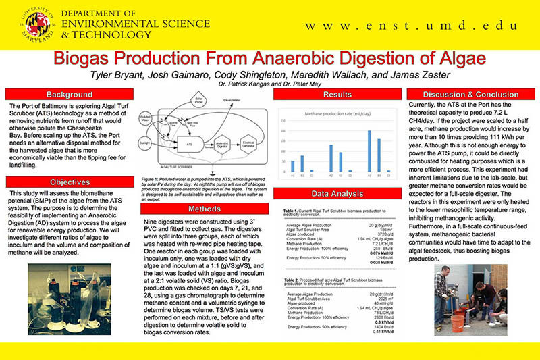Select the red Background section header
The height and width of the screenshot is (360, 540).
click(x=70, y=94)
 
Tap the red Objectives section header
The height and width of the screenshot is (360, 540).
click(x=70, y=182)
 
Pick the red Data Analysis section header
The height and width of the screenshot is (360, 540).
click(x=337, y=193)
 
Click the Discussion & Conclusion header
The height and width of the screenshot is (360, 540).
click(x=470, y=94)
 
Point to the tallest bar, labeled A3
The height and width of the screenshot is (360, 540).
click(x=369, y=151)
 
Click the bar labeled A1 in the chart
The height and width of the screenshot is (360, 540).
click(x=292, y=166)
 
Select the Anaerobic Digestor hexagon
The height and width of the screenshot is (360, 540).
click(x=223, y=144)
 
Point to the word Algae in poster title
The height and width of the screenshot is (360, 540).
click(x=464, y=57)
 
